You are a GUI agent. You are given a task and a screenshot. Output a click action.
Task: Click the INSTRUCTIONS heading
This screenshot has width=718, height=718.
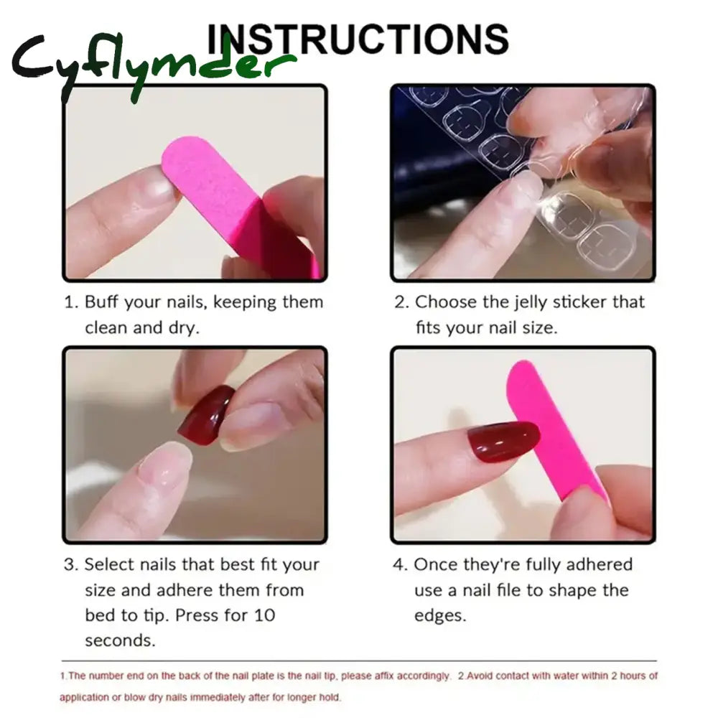tap(358, 39)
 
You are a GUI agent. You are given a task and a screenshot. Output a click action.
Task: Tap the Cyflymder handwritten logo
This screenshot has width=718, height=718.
tap(154, 65)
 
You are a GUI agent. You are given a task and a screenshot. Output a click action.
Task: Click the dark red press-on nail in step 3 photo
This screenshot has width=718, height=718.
tap(205, 415)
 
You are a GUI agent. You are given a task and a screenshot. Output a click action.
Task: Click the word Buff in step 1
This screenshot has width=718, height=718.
tap(102, 302)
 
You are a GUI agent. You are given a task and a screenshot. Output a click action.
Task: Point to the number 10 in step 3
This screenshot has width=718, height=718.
tap(265, 615)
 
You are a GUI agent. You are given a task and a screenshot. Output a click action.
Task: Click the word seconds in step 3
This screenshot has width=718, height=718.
tap(120, 640)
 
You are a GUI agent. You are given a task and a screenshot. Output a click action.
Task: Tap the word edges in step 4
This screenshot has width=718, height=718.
tap(440, 616)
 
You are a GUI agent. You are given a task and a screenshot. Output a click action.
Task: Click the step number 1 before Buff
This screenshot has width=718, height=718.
tap(71, 302)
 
